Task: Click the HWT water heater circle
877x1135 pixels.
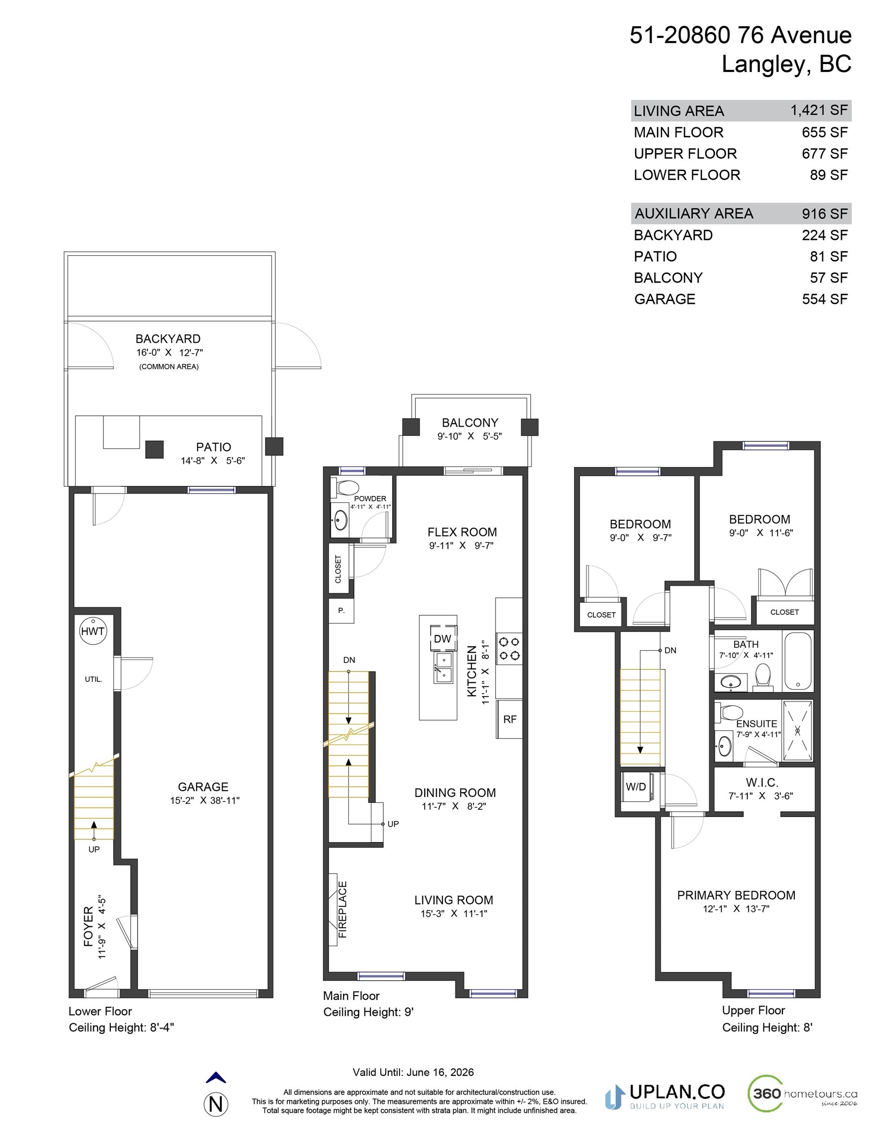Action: (x=93, y=631)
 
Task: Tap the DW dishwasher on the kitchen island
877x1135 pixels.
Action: (x=443, y=639)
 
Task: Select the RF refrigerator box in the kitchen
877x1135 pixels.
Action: (x=509, y=719)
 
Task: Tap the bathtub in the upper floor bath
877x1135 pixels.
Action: (x=797, y=661)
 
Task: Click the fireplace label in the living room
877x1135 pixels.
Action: (x=342, y=909)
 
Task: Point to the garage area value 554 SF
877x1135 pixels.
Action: (x=824, y=299)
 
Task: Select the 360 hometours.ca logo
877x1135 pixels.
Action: (x=802, y=1093)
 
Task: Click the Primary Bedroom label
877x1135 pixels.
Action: (x=736, y=895)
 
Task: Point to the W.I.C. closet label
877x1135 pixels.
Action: (x=762, y=782)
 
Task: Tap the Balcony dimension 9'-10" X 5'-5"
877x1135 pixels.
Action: (x=470, y=436)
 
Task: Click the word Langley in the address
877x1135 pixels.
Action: (x=764, y=64)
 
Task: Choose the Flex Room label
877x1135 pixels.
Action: (x=462, y=532)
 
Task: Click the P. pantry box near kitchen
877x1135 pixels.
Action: (x=341, y=611)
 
